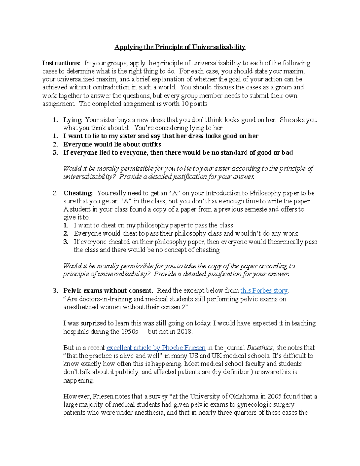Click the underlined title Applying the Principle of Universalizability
[180, 47]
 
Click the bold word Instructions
[61, 63]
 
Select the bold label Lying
[73, 120]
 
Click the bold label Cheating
[78, 193]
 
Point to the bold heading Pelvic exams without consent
[108, 290]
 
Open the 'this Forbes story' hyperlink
[264, 290]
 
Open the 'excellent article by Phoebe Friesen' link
[156, 347]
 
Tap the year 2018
[184, 332]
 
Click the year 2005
[274, 396]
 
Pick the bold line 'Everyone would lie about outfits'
[112, 144]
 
